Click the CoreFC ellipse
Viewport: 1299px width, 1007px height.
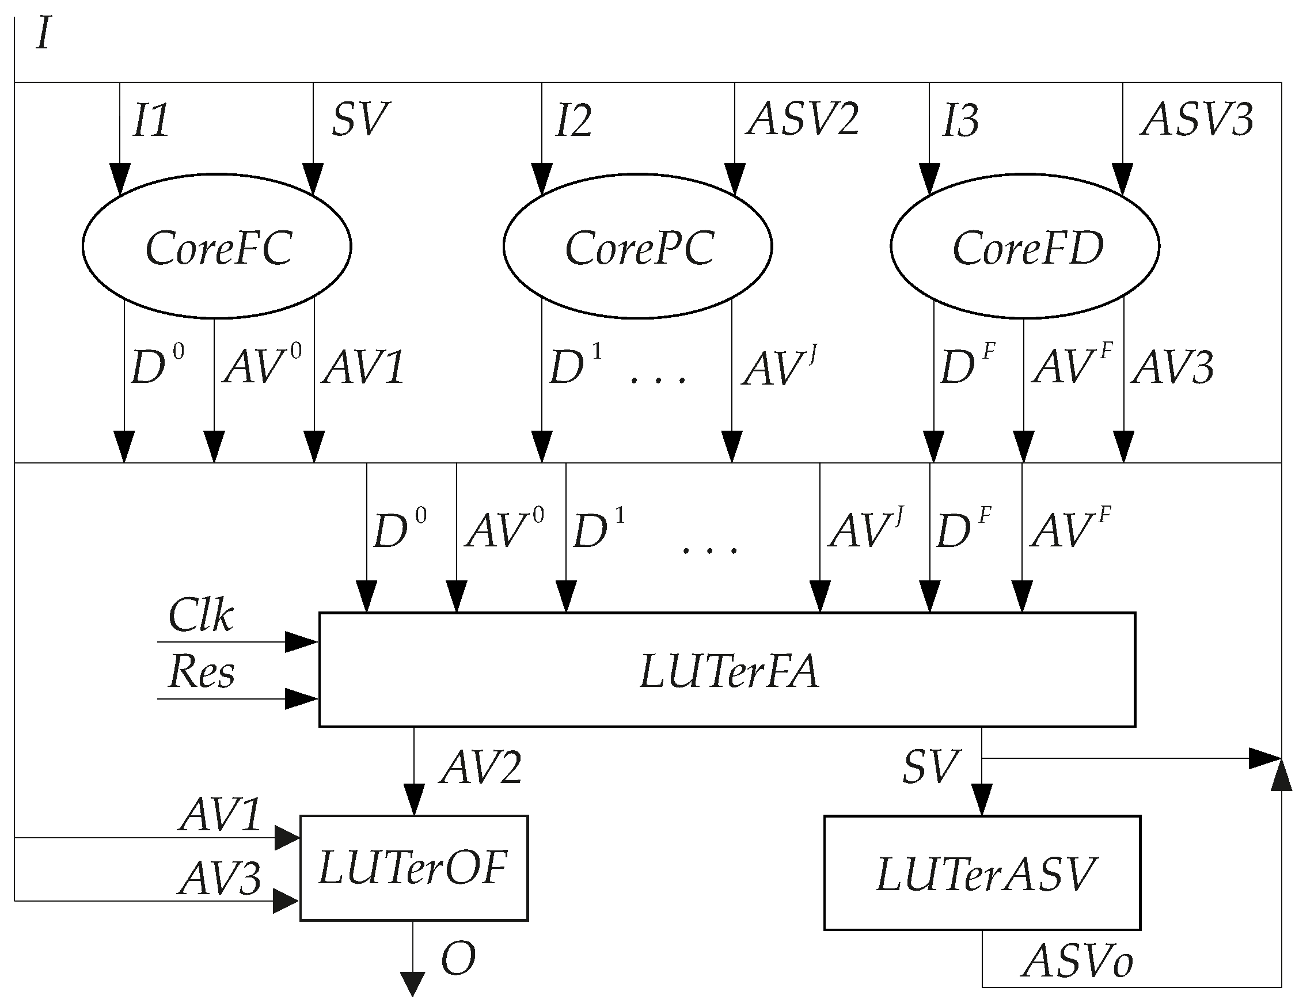tap(217, 246)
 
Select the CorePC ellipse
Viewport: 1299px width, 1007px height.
tap(638, 246)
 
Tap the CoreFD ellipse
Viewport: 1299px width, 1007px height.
tap(1025, 246)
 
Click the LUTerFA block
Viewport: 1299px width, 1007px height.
tap(727, 670)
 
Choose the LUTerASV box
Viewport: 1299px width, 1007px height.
tap(982, 873)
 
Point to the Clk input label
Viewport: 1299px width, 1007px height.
tap(200, 615)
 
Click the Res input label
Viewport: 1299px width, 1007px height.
tap(201, 671)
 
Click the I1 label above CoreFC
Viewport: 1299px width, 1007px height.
tap(150, 120)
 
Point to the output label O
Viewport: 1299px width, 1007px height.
tap(458, 959)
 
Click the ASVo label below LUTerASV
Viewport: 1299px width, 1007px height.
tap(1077, 961)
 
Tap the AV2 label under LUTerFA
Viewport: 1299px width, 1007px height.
tap(481, 767)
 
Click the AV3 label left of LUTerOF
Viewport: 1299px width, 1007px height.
tap(219, 879)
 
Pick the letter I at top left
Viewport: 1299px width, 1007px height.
tap(43, 33)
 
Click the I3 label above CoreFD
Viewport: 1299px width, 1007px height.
tap(960, 120)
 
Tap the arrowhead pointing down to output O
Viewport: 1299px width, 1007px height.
tap(413, 983)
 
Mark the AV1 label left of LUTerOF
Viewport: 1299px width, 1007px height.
tap(220, 814)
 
